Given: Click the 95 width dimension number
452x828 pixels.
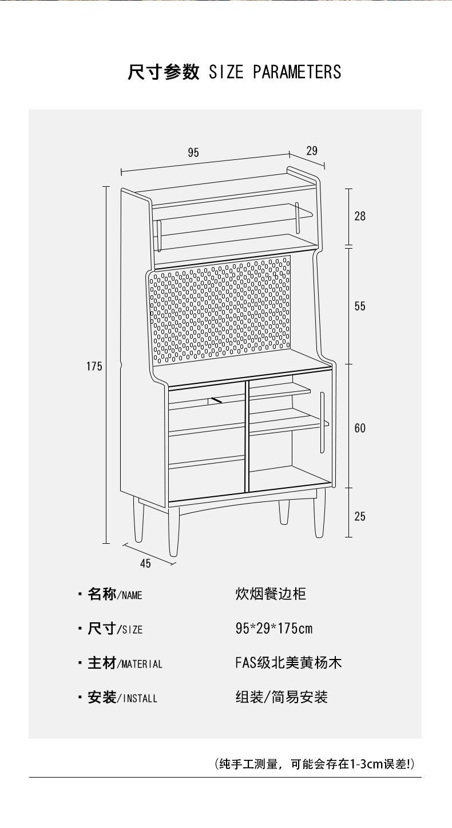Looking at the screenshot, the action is (x=193, y=152).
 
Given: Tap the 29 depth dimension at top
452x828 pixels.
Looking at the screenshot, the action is (x=312, y=151).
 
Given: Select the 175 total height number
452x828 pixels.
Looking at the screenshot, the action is (x=94, y=366).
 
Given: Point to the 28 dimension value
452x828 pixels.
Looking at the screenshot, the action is (x=360, y=216).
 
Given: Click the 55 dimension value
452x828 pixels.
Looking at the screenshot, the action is (x=360, y=306).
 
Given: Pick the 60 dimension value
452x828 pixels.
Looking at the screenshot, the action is (x=360, y=428).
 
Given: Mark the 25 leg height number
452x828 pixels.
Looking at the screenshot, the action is (x=360, y=516).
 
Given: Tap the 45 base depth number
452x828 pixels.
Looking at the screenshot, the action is (x=145, y=563).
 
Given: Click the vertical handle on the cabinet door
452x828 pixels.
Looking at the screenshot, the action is (x=323, y=422).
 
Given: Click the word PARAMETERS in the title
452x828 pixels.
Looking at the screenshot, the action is (x=297, y=72).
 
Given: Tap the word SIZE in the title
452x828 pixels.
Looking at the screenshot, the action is (x=226, y=72).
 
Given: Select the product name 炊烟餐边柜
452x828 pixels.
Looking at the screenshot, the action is (x=271, y=594).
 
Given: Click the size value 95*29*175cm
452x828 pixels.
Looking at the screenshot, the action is (x=274, y=628).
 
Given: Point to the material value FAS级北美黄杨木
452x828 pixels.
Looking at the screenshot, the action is (x=288, y=662).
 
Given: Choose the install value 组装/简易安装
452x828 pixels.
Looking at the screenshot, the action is (x=281, y=697).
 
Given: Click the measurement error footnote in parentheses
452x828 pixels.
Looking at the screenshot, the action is (x=315, y=764).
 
